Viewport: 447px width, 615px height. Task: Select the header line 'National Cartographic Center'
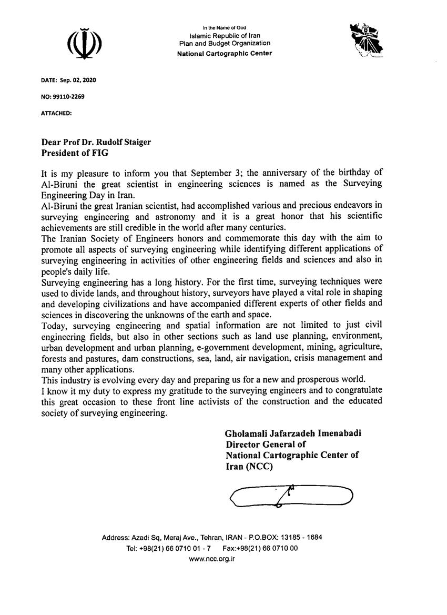coord(225,53)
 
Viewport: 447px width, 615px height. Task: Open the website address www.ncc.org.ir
coord(212,559)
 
